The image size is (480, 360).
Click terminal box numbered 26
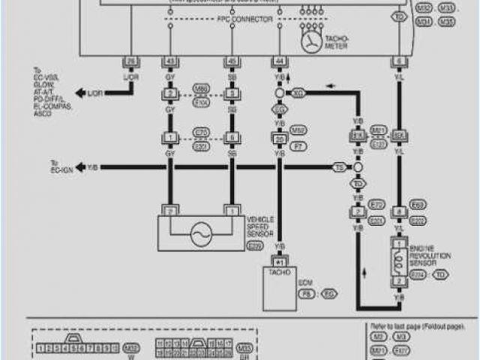(x=132, y=61)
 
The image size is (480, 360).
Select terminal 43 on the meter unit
(x=170, y=61)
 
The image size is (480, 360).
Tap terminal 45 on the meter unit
(x=232, y=61)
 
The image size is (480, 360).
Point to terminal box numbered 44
(x=280, y=61)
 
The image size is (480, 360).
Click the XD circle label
(x=298, y=92)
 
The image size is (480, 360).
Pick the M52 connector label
(x=298, y=129)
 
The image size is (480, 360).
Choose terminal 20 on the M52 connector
(x=280, y=139)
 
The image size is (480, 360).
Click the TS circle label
(x=339, y=166)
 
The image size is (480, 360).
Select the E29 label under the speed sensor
(x=256, y=246)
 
